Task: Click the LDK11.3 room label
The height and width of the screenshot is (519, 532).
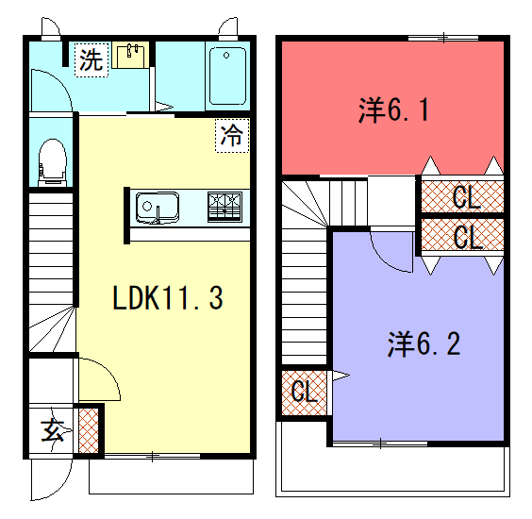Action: coord(168,297)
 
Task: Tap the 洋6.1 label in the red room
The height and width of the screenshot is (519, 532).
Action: coord(393,109)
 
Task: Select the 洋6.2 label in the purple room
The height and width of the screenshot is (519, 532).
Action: coord(424,343)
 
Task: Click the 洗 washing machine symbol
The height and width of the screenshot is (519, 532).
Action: coord(91,60)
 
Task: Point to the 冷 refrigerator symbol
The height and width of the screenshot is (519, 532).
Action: coord(232,136)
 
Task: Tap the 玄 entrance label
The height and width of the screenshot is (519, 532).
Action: coord(52,430)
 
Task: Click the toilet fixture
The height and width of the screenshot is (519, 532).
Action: coord(52,162)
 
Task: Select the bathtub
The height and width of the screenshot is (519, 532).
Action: coord(227,76)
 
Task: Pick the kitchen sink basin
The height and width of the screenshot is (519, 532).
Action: coord(158,208)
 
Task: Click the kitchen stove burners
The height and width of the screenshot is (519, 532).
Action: coord(224,207)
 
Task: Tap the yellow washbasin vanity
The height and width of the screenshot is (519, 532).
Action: coord(130,55)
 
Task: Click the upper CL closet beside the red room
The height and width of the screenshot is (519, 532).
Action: coord(462,196)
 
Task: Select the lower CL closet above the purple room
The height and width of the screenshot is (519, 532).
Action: coord(462,235)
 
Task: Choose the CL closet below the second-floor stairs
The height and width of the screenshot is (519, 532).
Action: coord(304,393)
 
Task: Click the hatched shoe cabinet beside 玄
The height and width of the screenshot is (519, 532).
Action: coord(89,430)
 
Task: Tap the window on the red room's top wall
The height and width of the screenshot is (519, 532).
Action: coord(443,38)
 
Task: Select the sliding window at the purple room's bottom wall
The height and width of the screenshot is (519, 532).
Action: coord(380,444)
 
